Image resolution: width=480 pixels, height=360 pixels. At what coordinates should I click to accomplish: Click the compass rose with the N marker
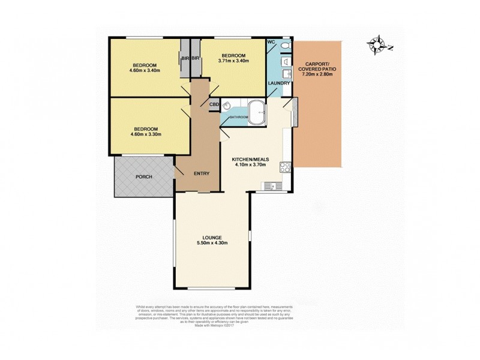point(379,44)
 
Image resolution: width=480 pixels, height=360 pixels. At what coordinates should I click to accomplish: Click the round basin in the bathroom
point(227,106)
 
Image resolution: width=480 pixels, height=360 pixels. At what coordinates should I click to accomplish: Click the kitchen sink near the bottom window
point(274,186)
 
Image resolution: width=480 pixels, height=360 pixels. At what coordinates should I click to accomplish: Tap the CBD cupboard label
point(214,104)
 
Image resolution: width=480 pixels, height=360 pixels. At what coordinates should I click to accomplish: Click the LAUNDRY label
point(279,83)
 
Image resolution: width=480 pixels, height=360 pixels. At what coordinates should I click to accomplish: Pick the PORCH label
point(143,176)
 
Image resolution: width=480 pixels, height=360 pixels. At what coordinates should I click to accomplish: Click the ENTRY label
point(201,174)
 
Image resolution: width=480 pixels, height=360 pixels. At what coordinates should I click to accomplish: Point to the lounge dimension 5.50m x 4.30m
point(213,242)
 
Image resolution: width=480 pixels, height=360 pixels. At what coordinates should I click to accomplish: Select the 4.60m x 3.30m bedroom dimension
point(145,134)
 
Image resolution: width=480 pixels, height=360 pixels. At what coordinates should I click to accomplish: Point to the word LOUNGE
point(213,236)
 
